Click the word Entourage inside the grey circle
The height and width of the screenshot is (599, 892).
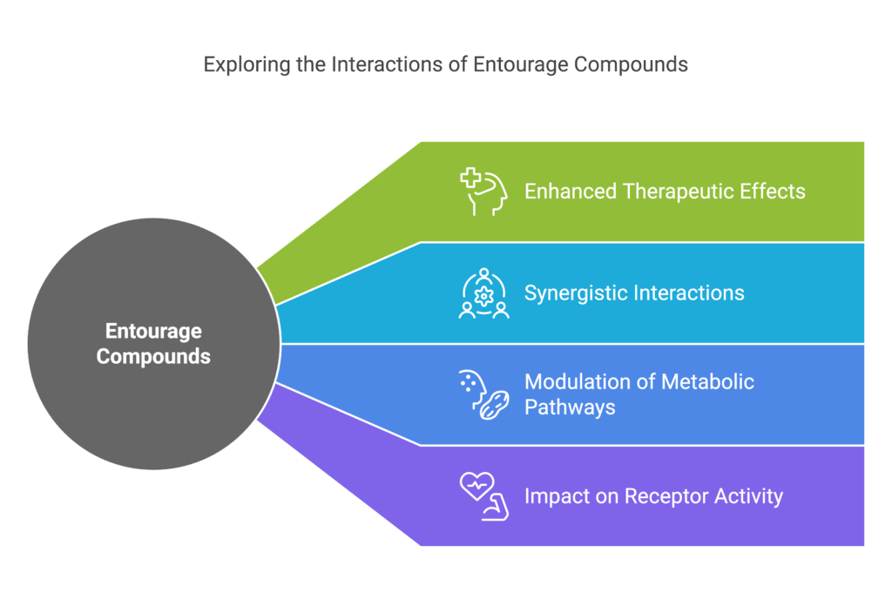coord(153,331)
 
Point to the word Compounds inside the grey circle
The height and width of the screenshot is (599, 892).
coord(153,356)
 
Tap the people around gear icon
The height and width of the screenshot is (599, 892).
coord(483,293)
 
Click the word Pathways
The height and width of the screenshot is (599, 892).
coord(570,407)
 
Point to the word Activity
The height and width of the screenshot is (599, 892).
coord(748,496)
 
